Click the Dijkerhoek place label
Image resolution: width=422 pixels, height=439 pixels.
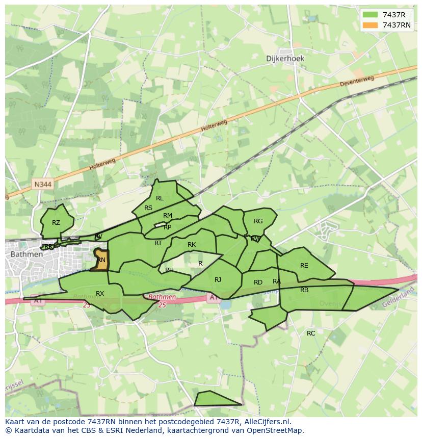click(x=285, y=58)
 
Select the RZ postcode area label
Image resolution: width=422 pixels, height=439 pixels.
click(x=56, y=223)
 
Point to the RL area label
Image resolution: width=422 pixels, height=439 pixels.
click(x=160, y=198)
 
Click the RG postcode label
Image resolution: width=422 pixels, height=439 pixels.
click(x=258, y=221)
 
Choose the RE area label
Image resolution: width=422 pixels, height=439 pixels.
click(x=304, y=266)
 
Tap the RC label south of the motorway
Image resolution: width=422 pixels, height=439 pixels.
click(x=311, y=333)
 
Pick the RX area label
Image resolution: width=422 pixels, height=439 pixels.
click(x=100, y=294)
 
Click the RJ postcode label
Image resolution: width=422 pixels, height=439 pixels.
click(x=218, y=280)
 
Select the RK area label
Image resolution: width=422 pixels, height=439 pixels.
click(x=192, y=245)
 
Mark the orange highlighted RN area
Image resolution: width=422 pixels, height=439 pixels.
click(x=101, y=260)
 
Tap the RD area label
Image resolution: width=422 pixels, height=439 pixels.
click(x=258, y=282)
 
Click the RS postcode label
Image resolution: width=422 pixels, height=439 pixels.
click(x=148, y=208)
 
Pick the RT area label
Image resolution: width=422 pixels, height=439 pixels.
click(x=158, y=243)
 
